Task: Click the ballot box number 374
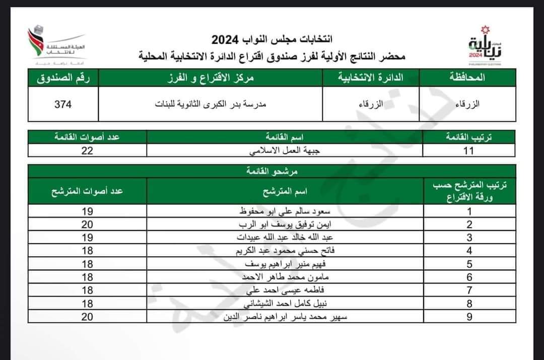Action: (x=63, y=104)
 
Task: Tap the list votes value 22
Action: (x=87, y=151)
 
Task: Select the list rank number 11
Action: (x=469, y=151)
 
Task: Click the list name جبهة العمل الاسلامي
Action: (x=285, y=151)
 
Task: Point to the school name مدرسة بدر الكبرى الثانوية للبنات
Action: (x=211, y=104)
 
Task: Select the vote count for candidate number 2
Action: (x=87, y=225)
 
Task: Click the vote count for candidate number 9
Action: (x=87, y=317)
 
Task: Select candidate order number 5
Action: (x=469, y=264)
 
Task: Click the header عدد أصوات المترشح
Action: (x=87, y=191)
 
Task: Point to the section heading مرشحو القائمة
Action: (x=273, y=171)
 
